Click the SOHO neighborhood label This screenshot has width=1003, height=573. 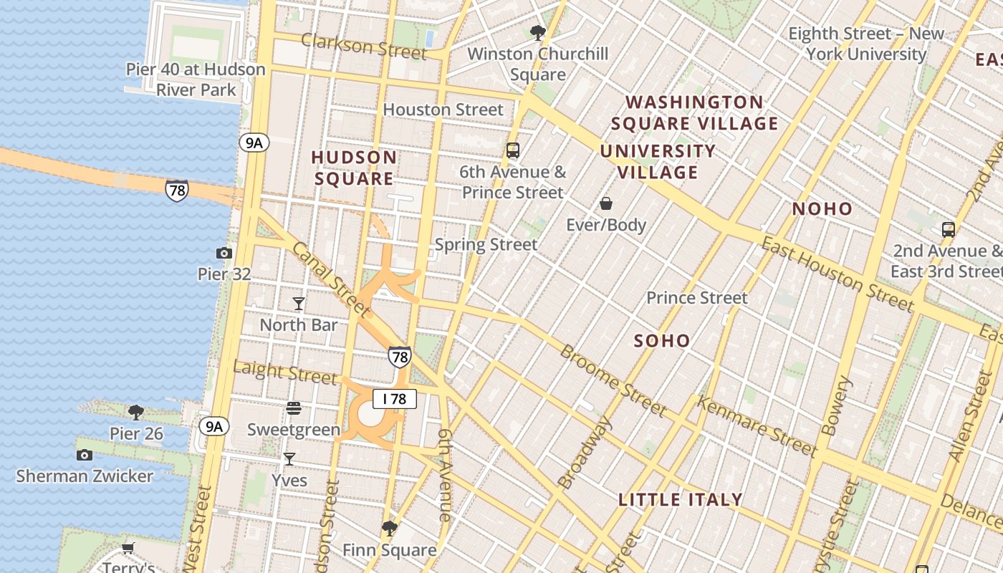pos(662,341)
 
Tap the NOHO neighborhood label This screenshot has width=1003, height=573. pos(822,209)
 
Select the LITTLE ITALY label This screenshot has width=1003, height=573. pos(680,500)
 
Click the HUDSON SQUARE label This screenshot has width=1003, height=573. pos(354,168)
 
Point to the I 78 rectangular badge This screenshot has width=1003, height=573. pos(394,399)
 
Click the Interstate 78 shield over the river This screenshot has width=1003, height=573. pos(177,190)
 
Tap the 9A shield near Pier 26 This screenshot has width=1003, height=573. pos(213,427)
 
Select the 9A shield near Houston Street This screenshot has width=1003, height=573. pos(254,143)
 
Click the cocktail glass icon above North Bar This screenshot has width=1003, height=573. pos(299,304)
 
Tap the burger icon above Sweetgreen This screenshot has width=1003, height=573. pos(293,408)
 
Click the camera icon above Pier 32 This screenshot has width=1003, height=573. pos(224,253)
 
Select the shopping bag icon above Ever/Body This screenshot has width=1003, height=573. pos(606,204)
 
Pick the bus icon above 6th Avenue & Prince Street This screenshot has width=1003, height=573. pos(512,150)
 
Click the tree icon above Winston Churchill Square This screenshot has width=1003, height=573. pos(537,32)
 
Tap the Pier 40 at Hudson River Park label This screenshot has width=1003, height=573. pos(196,80)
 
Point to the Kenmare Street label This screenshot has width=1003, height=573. pos(757,427)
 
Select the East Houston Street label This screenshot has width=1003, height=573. pos(837,275)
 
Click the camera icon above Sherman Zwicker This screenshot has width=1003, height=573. pos(85,455)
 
